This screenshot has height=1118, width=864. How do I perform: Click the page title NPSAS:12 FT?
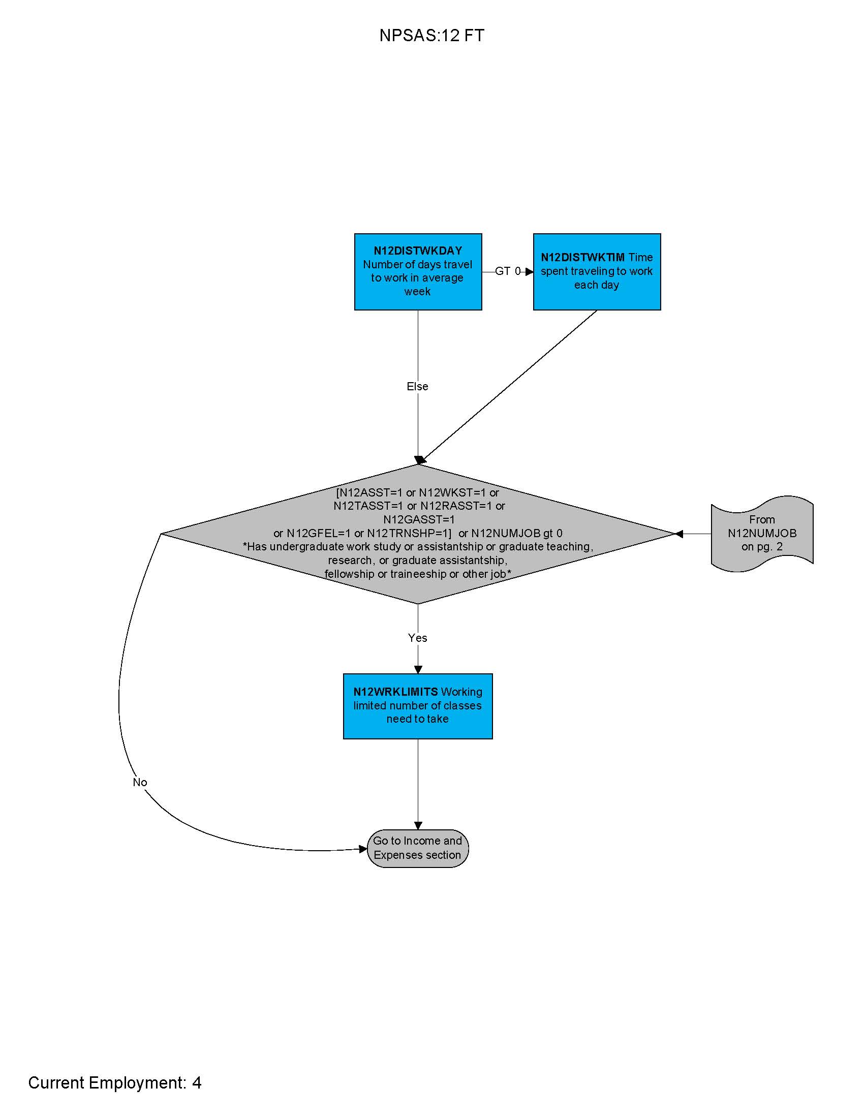coord(431,36)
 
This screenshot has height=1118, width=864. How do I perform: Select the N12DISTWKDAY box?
coord(418,272)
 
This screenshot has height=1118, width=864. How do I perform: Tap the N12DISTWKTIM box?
coord(597,272)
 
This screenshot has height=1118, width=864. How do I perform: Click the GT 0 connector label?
coord(507,271)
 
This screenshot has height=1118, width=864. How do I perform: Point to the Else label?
coord(417,387)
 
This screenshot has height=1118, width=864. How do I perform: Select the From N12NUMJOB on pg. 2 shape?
coord(762,534)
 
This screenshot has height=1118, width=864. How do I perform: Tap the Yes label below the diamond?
coord(417,638)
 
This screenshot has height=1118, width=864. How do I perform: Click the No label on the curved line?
coord(140,782)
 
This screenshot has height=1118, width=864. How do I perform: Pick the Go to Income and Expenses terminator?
coord(418,848)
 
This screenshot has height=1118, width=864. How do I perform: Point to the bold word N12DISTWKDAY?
coord(418,251)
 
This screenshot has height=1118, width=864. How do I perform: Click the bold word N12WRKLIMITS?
coord(395,692)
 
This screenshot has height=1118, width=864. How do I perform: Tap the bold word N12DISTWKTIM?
coord(582,258)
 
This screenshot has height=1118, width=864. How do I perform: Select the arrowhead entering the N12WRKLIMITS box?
coord(418,670)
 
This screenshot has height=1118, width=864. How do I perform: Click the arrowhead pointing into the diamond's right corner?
coord(679,534)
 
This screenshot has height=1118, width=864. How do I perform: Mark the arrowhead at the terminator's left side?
coord(363,849)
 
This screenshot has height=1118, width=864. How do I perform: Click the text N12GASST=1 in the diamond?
coord(419,519)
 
